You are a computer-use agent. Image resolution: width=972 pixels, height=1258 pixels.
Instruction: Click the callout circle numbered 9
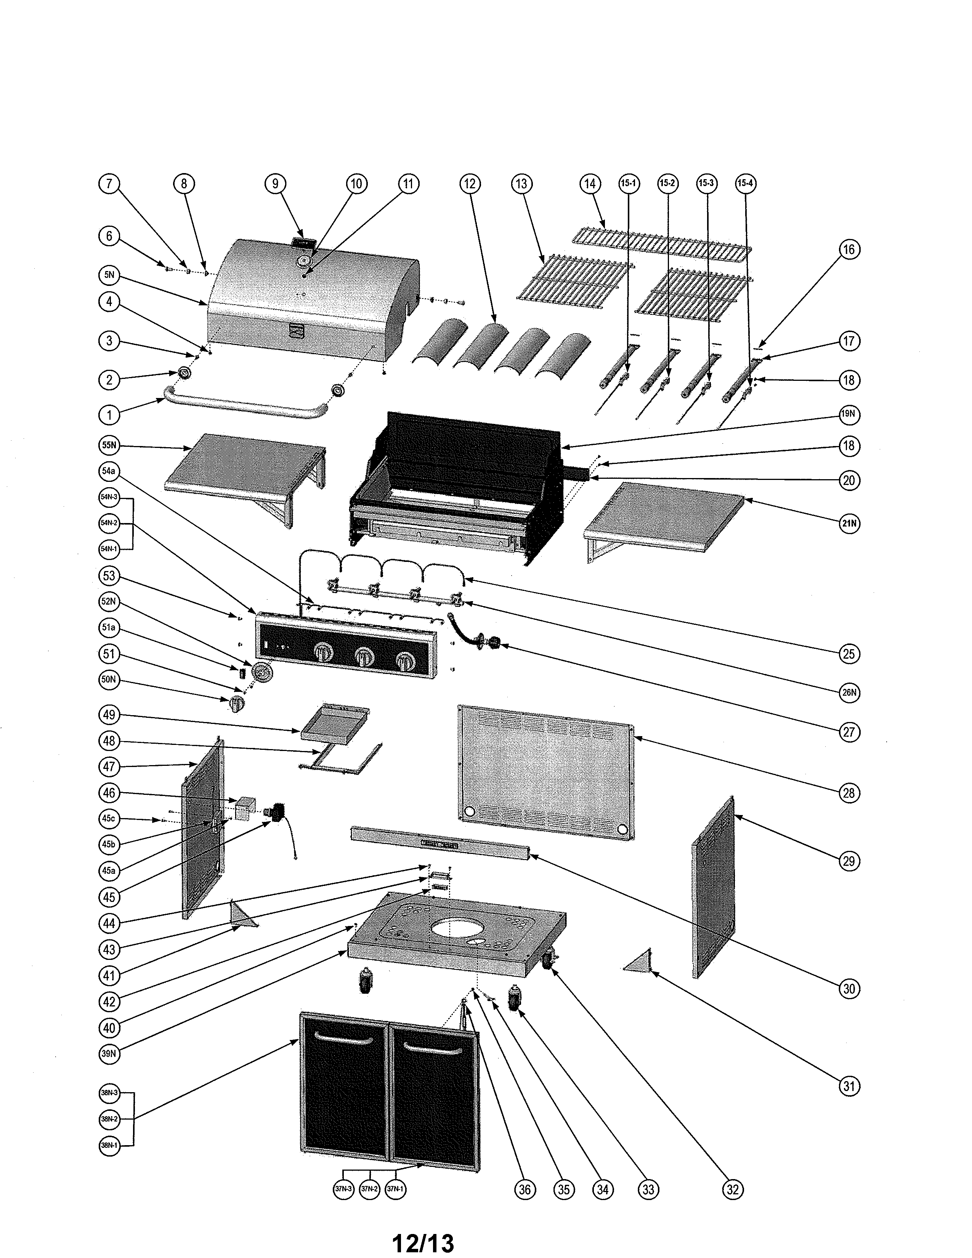pos(275,184)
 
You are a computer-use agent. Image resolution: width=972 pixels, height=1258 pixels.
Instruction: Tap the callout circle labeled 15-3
pos(706,184)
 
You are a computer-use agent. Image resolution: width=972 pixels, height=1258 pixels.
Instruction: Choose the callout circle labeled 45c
pos(109,818)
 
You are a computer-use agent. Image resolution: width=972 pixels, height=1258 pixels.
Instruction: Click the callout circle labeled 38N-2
pos(109,1119)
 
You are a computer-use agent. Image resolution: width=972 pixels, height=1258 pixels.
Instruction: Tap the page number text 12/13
pos(423,1242)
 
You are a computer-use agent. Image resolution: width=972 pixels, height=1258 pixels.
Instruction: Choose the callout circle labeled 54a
pos(109,470)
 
